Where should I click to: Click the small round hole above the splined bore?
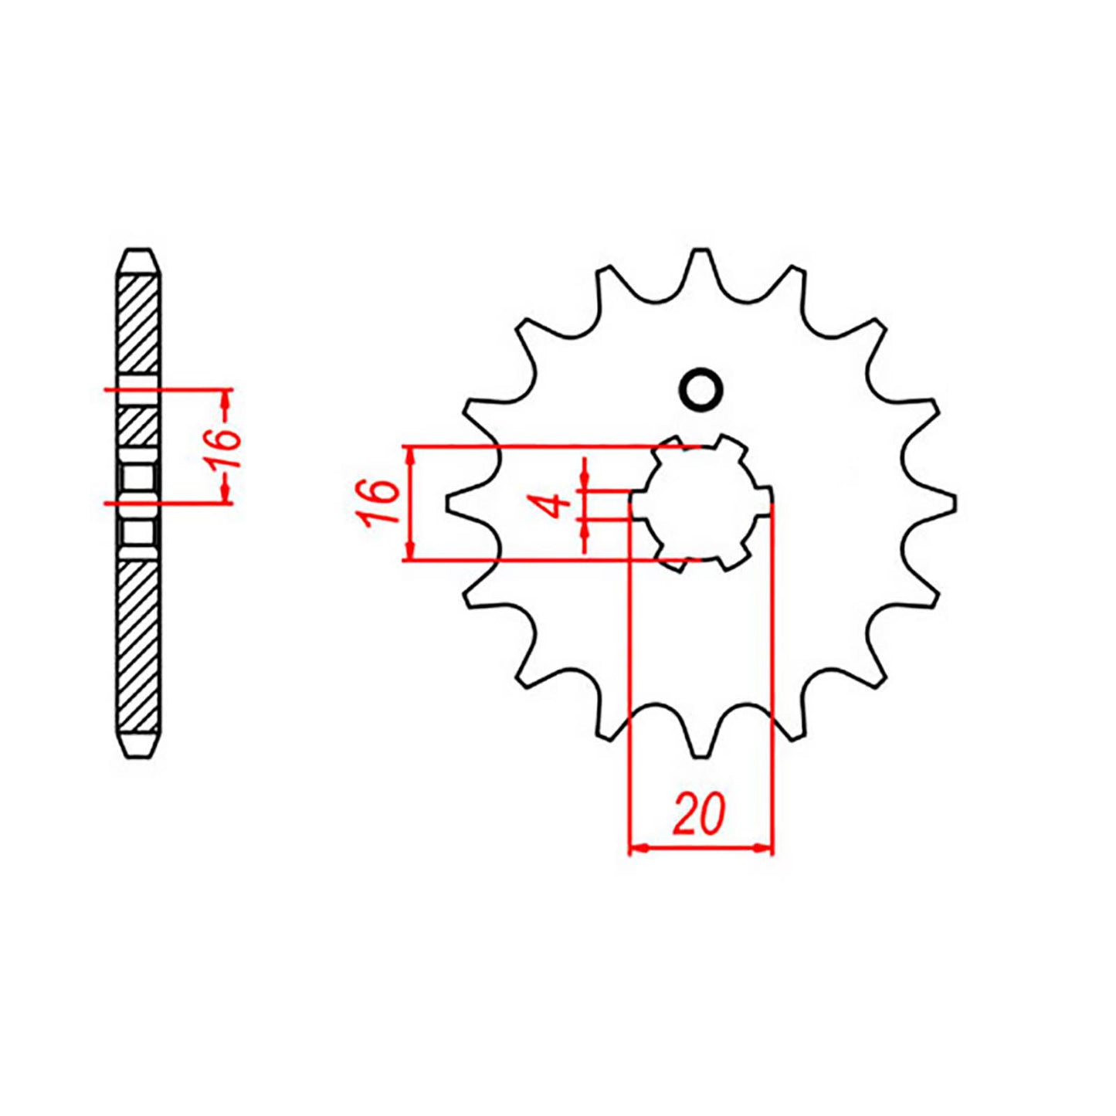[700, 389]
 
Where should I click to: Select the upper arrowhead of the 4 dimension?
[585, 483]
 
